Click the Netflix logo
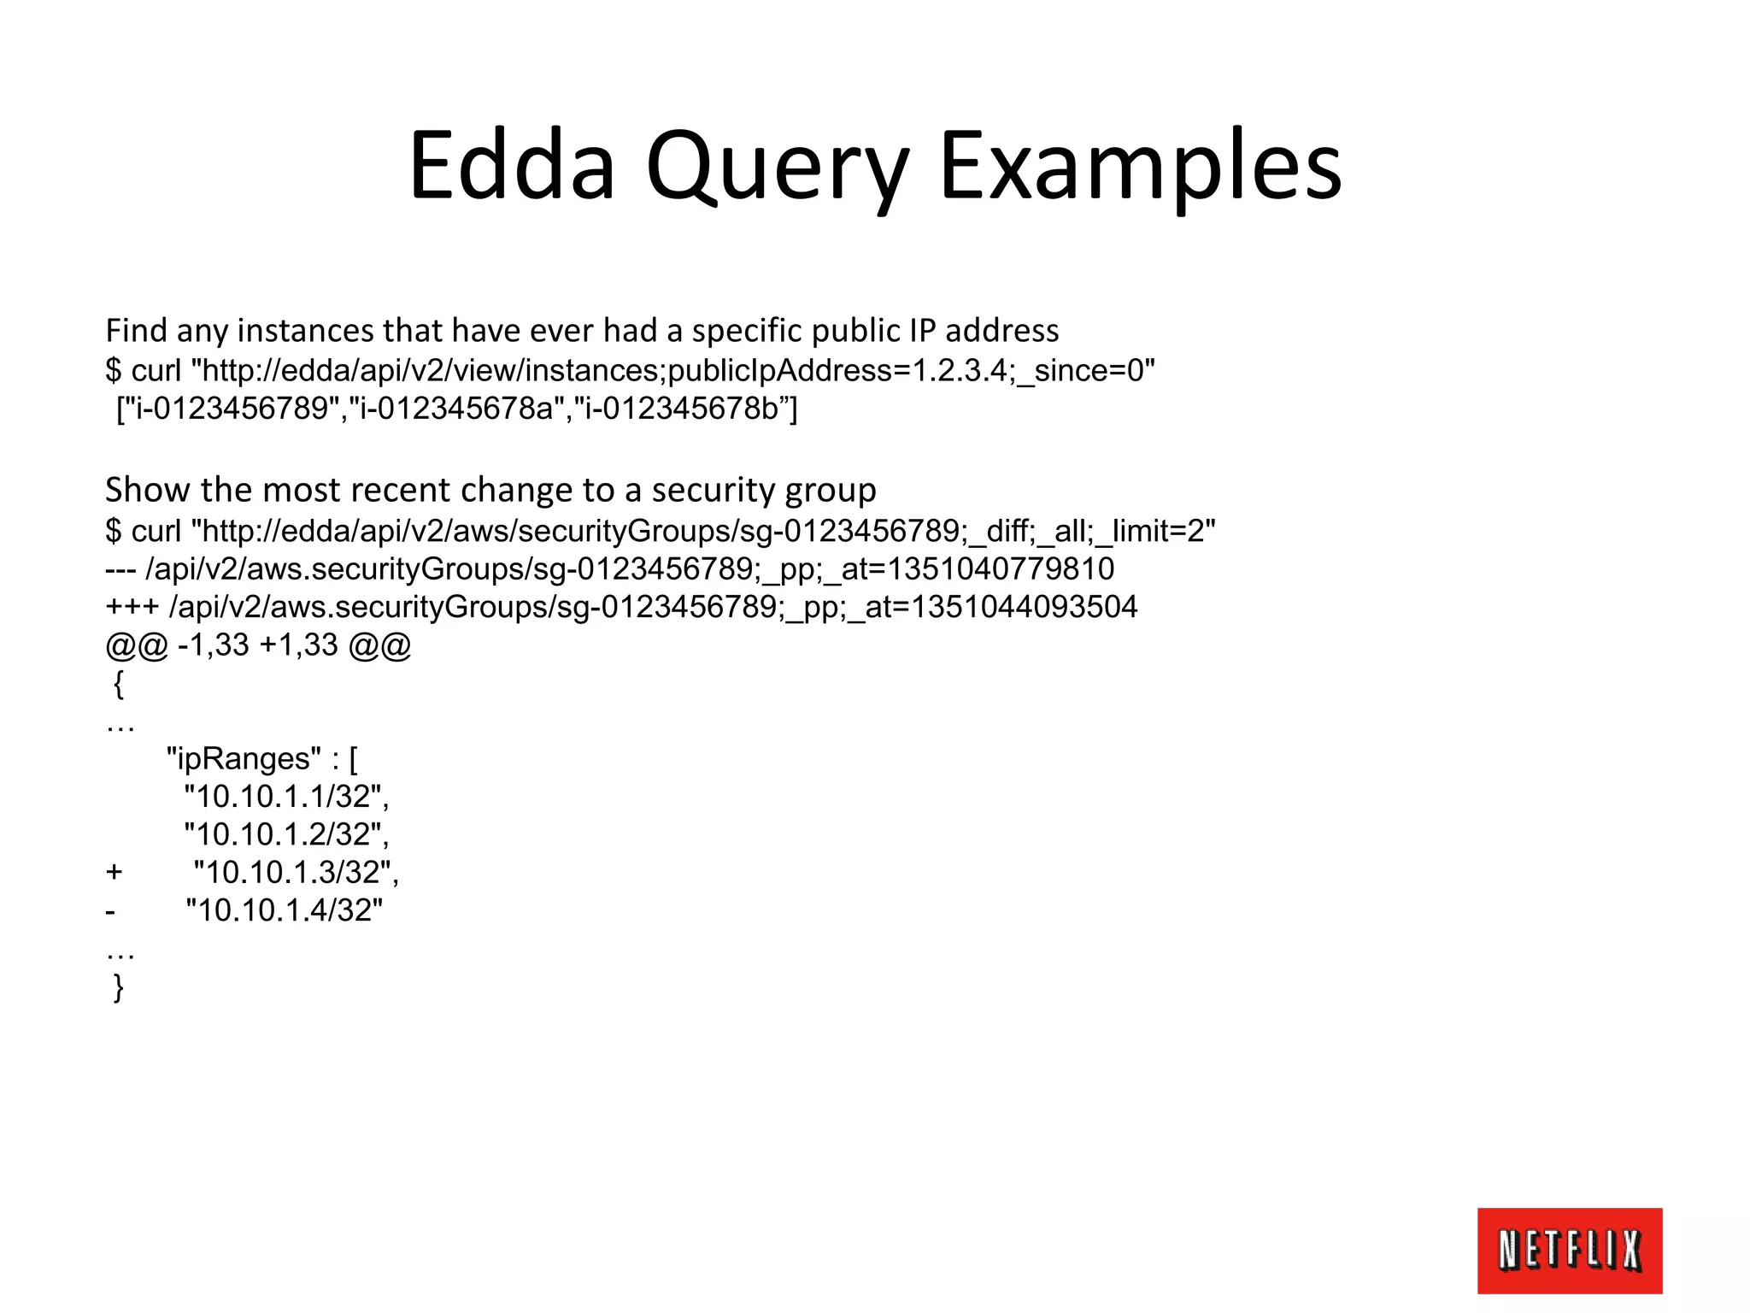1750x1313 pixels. pyautogui.click(x=1570, y=1250)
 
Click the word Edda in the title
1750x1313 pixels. pyautogui.click(x=512, y=164)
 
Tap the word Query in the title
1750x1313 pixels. pyautogui.click(x=777, y=167)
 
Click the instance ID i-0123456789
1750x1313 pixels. pyautogui.click(x=232, y=409)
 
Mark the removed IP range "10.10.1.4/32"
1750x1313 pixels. pyautogui.click(x=284, y=910)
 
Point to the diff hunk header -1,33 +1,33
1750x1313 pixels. pyautogui.click(x=258, y=645)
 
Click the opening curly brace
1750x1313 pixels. pyautogui.click(x=119, y=684)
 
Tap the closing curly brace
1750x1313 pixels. pyautogui.click(x=119, y=987)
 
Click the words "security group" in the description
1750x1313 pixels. pyautogui.click(x=764, y=491)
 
